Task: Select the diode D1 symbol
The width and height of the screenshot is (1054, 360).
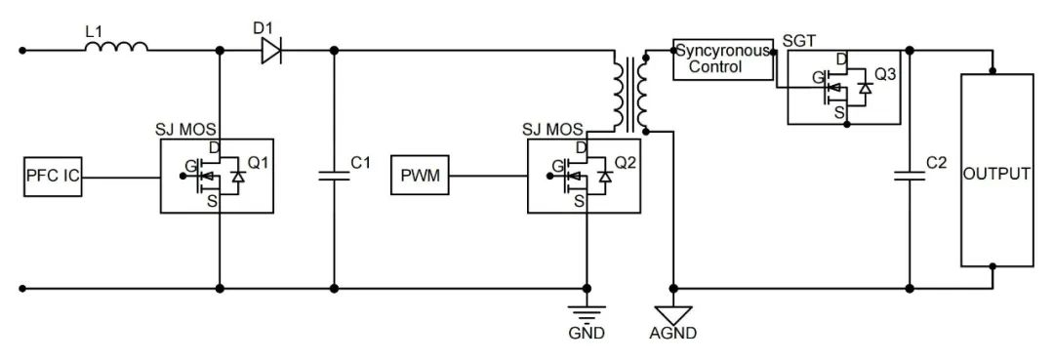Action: (271, 50)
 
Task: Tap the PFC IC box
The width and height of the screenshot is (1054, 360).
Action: (52, 177)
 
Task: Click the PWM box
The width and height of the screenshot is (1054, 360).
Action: (420, 177)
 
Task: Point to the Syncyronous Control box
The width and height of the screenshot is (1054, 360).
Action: (721, 60)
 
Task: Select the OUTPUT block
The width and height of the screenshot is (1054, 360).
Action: (995, 174)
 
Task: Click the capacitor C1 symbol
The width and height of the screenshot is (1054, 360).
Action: (334, 177)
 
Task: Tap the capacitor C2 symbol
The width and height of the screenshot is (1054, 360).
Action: (909, 177)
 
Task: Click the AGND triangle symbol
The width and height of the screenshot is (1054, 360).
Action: (672, 314)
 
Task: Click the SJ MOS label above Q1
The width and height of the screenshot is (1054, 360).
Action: (185, 129)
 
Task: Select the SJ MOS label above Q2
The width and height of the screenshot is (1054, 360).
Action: (552, 129)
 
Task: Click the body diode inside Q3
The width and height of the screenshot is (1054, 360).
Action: (863, 89)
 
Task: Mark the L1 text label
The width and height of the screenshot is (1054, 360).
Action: (94, 31)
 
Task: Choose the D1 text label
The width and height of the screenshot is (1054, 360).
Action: (263, 28)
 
